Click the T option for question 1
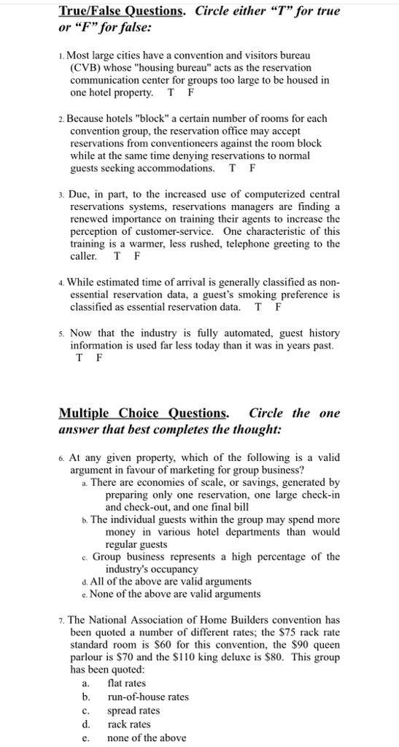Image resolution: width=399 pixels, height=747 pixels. tap(171, 93)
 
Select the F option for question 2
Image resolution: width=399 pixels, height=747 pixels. tap(252, 169)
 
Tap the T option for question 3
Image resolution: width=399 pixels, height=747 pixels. tap(117, 256)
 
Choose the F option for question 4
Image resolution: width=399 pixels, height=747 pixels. tap(278, 307)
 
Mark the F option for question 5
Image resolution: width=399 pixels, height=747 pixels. tap(99, 358)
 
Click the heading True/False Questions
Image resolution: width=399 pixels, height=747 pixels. tap(122, 12)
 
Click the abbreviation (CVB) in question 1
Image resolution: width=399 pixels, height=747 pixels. tap(85, 68)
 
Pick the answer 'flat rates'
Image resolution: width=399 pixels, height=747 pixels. tap(126, 684)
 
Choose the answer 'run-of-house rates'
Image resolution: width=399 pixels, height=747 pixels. tap(147, 697)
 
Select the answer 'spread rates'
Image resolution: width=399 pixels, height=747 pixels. tap(133, 711)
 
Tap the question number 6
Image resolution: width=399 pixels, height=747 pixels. tap(61, 458)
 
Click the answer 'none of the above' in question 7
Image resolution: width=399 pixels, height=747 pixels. tap(146, 738)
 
